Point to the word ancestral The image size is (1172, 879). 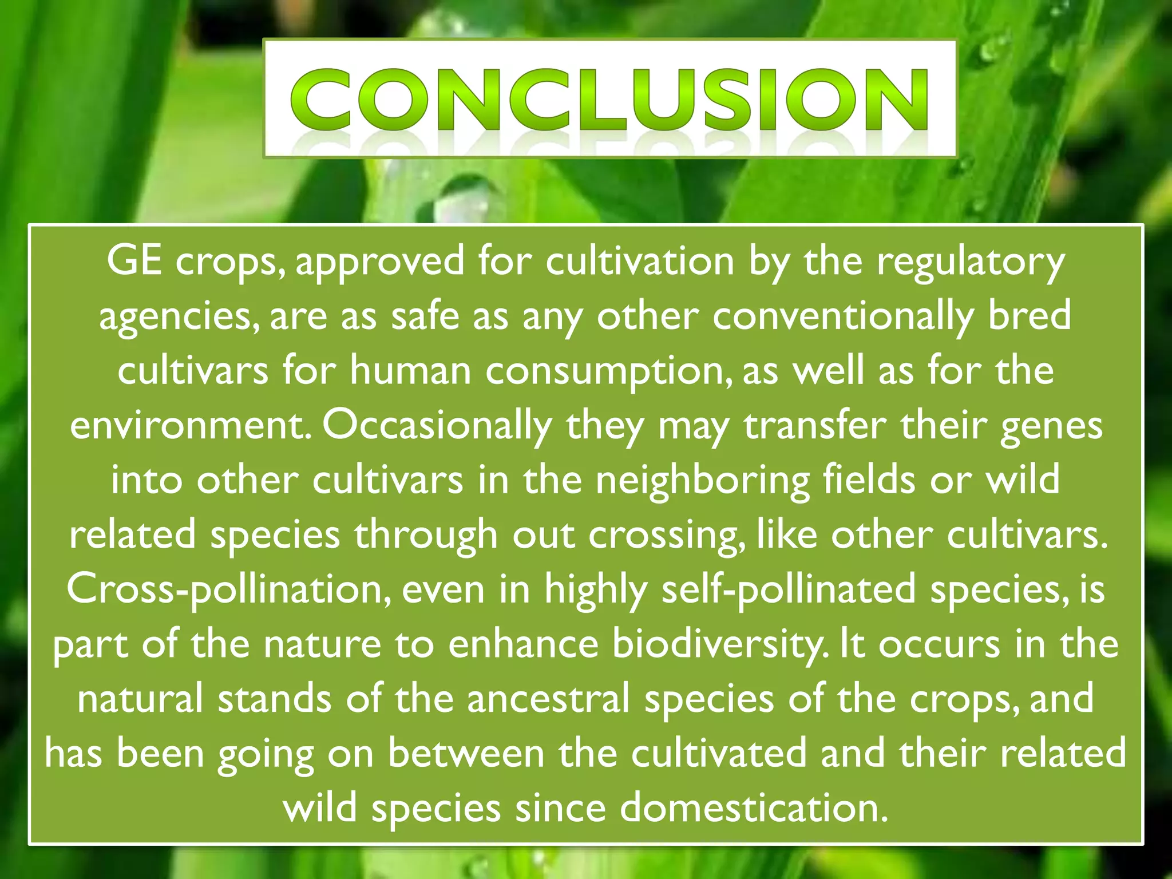point(548,699)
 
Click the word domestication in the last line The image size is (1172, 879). point(754,809)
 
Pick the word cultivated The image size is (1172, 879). point(719,754)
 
